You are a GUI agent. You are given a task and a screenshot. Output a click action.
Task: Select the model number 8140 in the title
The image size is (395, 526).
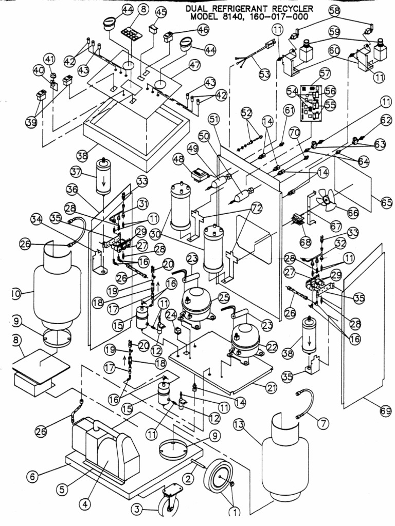(x=240, y=17)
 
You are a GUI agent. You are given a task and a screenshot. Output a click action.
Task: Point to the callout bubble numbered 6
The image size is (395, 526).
(x=32, y=476)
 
